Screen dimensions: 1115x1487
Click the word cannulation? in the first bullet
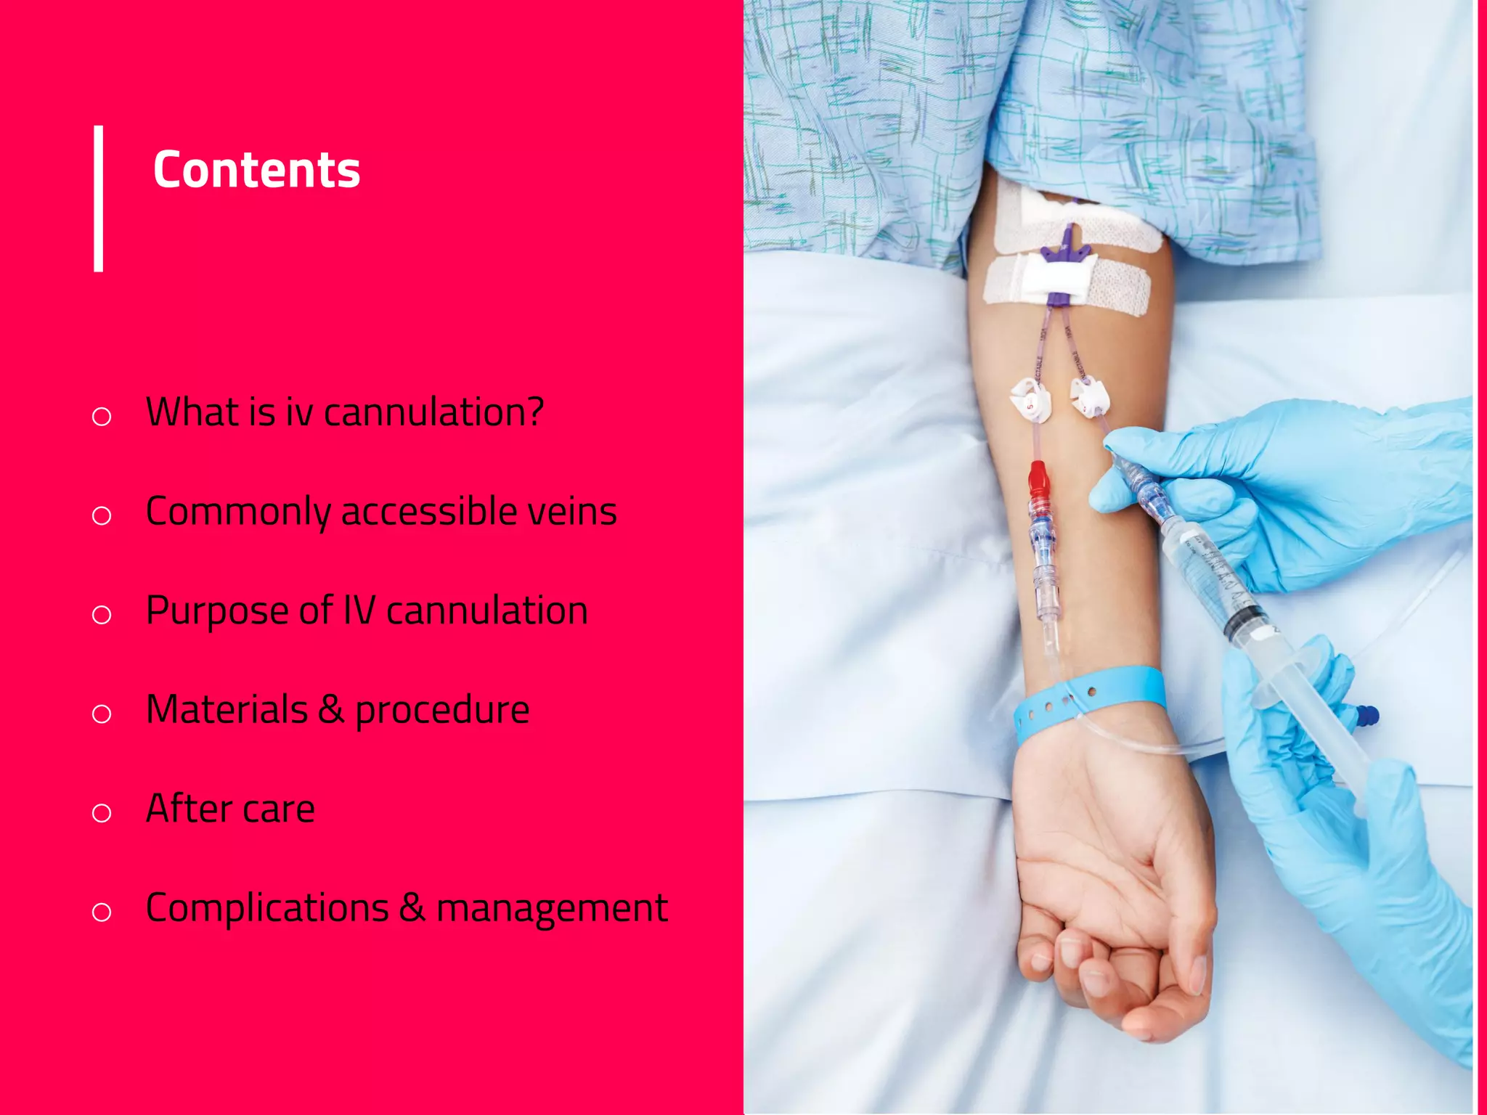433,412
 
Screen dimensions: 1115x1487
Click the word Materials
227,709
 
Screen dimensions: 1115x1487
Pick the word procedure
442,711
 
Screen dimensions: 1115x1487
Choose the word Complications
267,908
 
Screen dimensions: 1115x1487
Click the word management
552,909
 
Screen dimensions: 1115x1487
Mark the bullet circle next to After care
102,812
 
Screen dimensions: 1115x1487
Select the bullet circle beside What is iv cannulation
102,416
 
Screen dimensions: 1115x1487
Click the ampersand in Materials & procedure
331,709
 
